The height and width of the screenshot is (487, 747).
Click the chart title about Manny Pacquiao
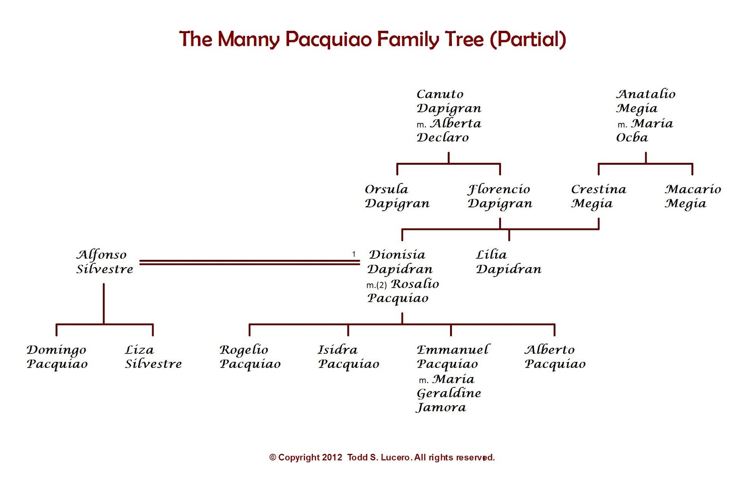[373, 39]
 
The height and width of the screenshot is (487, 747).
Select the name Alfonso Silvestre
[105, 262]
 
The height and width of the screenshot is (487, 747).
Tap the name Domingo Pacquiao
[57, 357]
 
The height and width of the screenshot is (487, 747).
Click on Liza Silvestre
[153, 357]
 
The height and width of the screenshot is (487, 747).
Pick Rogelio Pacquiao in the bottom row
[250, 357]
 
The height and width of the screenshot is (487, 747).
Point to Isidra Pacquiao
[348, 357]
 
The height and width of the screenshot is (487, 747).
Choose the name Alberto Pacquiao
[555, 357]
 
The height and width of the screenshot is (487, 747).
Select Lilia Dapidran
[508, 262]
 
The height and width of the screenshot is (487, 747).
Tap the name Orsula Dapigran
[397, 196]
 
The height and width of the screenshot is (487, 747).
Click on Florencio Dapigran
[500, 196]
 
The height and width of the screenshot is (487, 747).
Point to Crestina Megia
[598, 196]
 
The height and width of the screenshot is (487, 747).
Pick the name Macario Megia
[692, 196]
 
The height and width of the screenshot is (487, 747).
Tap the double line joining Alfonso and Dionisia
[249, 263]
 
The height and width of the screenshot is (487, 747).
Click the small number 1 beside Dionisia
[354, 254]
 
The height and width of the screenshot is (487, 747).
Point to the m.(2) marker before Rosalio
[376, 285]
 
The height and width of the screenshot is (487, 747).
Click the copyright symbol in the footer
[273, 458]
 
